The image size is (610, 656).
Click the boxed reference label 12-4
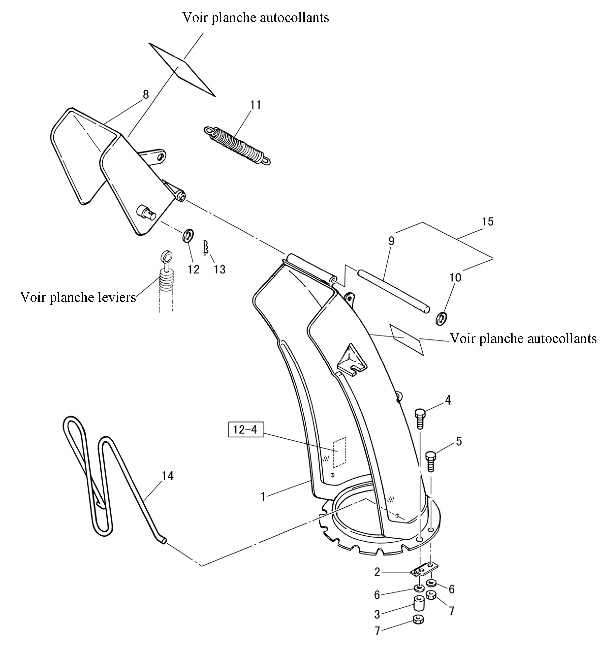(x=246, y=430)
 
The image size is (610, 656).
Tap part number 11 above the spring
(x=255, y=105)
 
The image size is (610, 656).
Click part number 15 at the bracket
(x=487, y=221)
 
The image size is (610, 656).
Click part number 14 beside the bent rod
(x=167, y=475)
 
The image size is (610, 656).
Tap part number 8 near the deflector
(x=146, y=95)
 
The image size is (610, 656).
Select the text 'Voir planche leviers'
(x=78, y=297)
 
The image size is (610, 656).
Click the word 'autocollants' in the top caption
(x=294, y=17)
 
